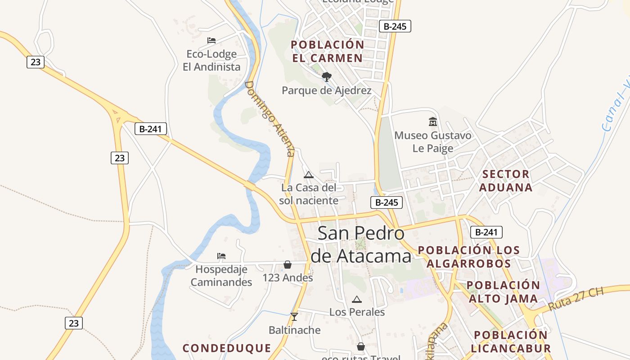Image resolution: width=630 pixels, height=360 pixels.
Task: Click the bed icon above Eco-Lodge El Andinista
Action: (211, 40)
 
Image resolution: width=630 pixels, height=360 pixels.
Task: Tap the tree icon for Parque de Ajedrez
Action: (327, 77)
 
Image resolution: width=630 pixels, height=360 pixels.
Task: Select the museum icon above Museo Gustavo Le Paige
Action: (433, 121)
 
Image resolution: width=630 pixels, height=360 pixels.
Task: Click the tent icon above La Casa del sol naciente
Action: (309, 175)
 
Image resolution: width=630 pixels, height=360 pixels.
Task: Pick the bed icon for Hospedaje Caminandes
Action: (221, 256)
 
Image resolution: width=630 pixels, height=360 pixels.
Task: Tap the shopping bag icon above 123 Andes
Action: (288, 265)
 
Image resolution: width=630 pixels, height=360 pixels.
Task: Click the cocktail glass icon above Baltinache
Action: (294, 317)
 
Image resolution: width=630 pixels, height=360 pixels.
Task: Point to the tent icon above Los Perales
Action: (357, 299)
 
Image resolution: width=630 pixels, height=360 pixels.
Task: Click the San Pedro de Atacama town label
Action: (361, 244)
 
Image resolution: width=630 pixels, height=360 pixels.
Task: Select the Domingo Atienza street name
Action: (270, 118)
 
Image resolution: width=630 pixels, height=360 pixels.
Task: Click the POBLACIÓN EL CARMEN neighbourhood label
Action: (327, 51)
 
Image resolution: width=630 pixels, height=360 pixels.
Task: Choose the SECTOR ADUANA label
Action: (506, 180)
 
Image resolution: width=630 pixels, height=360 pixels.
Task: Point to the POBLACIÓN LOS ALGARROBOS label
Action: (469, 256)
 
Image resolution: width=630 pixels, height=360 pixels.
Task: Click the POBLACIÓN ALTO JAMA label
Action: (503, 292)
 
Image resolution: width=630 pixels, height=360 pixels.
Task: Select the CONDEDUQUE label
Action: (227, 348)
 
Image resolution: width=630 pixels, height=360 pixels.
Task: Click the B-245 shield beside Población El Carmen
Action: (395, 26)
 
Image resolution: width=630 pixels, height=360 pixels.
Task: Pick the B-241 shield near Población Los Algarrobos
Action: (486, 232)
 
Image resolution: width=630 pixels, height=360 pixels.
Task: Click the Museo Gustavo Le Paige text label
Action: (433, 142)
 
